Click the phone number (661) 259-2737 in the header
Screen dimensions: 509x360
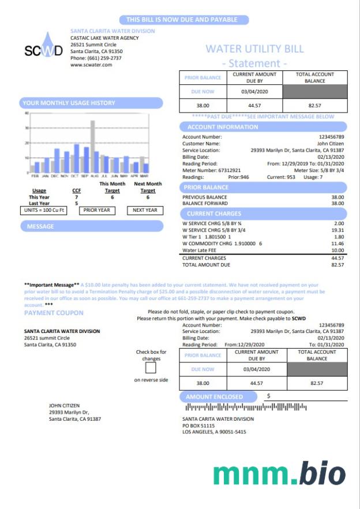click(96, 58)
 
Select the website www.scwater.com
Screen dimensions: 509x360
click(91, 65)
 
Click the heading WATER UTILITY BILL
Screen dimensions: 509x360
click(254, 49)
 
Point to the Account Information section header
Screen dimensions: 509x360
click(222, 127)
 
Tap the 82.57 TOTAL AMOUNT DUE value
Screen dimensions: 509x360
click(337, 265)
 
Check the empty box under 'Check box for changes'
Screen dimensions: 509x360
click(151, 368)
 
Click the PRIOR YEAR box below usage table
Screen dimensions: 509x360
click(96, 210)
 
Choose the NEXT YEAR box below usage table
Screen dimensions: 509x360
click(145, 210)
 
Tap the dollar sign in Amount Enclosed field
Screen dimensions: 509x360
click(268, 396)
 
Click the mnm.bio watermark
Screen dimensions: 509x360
click(279, 474)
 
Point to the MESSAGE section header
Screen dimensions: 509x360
click(40, 226)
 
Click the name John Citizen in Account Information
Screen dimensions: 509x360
click(331, 143)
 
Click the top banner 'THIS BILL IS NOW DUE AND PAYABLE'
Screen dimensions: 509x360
click(182, 20)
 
